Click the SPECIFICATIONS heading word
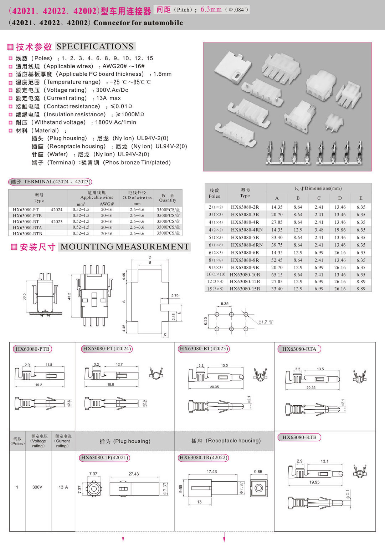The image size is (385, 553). (95, 46)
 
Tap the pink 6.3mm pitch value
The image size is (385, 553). (211, 9)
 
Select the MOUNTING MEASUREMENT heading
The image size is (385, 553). (124, 247)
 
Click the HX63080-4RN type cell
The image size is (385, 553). (246, 230)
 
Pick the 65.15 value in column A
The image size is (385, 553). (277, 275)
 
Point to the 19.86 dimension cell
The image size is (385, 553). (340, 230)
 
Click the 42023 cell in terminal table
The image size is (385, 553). (57, 222)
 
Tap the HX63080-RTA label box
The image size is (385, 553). (299, 349)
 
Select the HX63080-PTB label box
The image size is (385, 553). (32, 349)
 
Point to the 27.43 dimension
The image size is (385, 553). (134, 474)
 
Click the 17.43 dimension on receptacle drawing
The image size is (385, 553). (212, 471)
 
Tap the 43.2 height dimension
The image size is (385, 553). (69, 296)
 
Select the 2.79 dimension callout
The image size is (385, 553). (175, 296)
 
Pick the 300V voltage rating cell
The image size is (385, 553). (37, 487)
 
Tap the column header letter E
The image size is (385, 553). (361, 198)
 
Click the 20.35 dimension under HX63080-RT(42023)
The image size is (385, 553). (214, 387)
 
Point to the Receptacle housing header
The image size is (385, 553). (226, 441)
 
